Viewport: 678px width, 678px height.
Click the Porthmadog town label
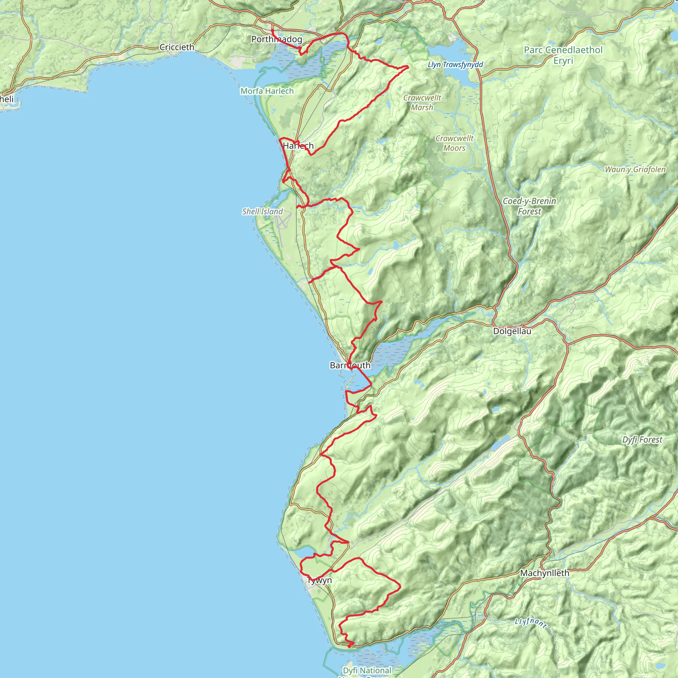276,39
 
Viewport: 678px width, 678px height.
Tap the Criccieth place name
176,47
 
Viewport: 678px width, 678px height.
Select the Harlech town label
298,146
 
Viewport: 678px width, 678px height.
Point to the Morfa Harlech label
267,91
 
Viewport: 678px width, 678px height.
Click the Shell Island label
263,212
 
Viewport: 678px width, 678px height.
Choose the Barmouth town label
350,365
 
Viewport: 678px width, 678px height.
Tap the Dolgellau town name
512,331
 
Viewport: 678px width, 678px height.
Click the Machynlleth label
545,573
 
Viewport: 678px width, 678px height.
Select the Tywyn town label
319,580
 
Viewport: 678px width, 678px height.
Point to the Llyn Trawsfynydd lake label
456,65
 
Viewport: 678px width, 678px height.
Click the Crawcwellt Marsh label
422,103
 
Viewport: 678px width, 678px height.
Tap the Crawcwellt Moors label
454,143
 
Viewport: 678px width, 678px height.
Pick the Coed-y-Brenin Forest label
529,206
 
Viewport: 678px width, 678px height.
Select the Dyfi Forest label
642,440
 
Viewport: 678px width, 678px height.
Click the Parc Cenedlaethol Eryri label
563,55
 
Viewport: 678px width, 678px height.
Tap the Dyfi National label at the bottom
367,671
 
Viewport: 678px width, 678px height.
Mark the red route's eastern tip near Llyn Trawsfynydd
408,66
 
